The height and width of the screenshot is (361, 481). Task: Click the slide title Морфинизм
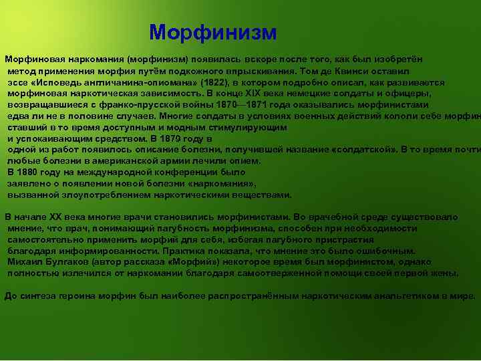212,32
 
